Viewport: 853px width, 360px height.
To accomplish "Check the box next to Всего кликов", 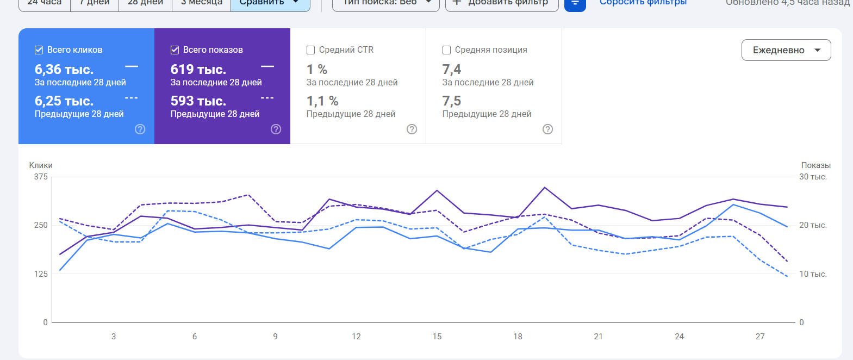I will [x=39, y=50].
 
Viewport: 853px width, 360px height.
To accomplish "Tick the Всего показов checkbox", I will [x=175, y=50].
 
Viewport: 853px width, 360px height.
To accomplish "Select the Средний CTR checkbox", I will [x=311, y=50].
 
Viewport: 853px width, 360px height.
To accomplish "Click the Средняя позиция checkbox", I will [x=447, y=50].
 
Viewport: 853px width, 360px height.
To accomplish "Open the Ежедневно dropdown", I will [x=786, y=50].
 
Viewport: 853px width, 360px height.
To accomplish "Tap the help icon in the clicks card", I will [x=140, y=129].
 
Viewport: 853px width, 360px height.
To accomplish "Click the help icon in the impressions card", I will [x=276, y=129].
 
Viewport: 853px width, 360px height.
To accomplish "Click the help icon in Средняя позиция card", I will [x=548, y=129].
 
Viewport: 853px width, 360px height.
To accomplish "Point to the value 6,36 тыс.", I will [x=64, y=70].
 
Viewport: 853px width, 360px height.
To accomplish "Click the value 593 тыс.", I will [x=198, y=101].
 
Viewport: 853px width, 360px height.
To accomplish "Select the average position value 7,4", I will [x=452, y=70].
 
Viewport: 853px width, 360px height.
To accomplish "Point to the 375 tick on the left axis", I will [x=41, y=177].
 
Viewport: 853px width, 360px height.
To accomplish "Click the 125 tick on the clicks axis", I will [x=41, y=274].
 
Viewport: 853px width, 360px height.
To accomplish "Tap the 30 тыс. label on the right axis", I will [x=813, y=177].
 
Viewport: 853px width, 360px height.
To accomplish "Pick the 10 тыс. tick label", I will [x=813, y=274].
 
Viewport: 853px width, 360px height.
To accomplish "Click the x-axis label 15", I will [x=437, y=337].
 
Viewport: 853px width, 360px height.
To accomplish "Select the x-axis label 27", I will [x=760, y=337].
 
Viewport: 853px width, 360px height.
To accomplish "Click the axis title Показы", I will [x=815, y=165].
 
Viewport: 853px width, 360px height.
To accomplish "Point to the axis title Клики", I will [x=41, y=165].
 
